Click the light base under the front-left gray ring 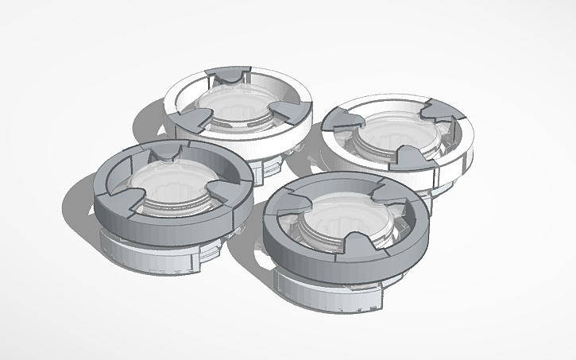(x=151, y=254)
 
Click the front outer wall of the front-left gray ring (x=159, y=226)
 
